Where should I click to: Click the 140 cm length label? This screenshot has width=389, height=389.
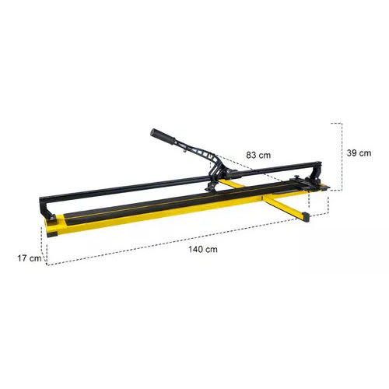pyautogui.click(x=203, y=250)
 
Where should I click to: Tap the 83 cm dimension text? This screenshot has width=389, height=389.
pyautogui.click(x=258, y=155)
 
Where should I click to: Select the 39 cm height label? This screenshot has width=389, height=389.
pyautogui.click(x=359, y=153)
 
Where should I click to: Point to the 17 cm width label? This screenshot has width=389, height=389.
pyautogui.click(x=30, y=258)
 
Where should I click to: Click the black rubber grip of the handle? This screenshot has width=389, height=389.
pyautogui.click(x=163, y=136)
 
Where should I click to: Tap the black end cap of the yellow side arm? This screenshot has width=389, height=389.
pyautogui.click(x=306, y=217)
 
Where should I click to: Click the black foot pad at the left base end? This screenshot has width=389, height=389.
pyautogui.click(x=54, y=234)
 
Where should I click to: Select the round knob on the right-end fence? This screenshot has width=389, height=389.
pyautogui.click(x=296, y=177)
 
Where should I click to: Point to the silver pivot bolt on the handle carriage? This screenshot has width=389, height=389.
pyautogui.click(x=229, y=171)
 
